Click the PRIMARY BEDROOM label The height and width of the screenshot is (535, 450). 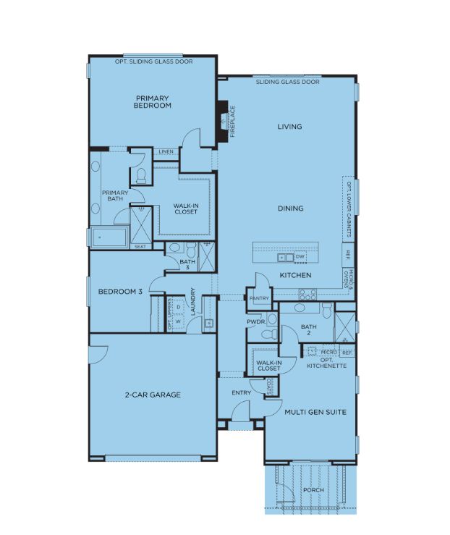(x=153, y=102)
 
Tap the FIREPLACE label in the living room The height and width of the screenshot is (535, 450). (x=233, y=122)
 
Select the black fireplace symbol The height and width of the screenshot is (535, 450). (x=223, y=120)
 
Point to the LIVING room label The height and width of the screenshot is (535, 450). (x=290, y=127)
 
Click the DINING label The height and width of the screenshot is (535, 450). (x=290, y=208)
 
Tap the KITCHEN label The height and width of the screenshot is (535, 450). (x=296, y=275)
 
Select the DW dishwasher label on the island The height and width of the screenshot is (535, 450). (x=300, y=256)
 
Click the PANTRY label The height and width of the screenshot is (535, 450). (x=259, y=298)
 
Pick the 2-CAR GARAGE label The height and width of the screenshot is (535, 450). (x=153, y=395)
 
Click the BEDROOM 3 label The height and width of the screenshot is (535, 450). (x=120, y=292)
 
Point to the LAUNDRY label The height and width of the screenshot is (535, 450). (x=193, y=302)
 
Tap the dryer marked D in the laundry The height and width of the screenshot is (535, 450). (x=179, y=307)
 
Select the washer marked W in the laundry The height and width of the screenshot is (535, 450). (x=179, y=321)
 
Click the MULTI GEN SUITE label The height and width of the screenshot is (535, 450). (x=315, y=412)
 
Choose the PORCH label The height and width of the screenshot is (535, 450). (x=314, y=490)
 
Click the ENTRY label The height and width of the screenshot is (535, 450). (x=242, y=393)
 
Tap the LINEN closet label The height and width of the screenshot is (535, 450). (x=166, y=151)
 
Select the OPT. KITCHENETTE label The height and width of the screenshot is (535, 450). (x=326, y=363)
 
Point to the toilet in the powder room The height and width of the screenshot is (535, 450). (x=270, y=334)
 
